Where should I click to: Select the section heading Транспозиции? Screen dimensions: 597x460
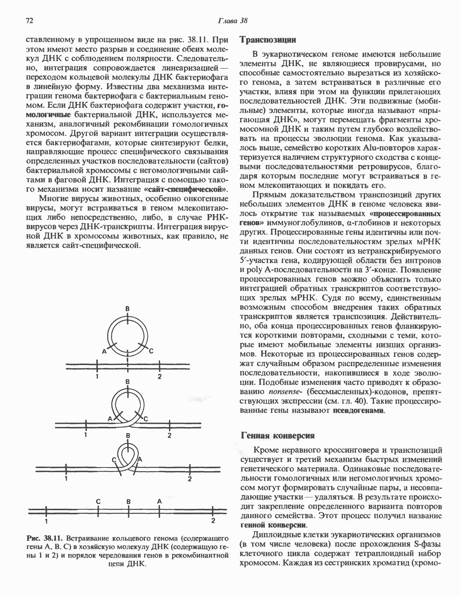(x=268, y=40)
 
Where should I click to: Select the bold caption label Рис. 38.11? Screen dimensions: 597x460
(x=44, y=537)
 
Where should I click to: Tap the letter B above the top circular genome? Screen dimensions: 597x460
(x=128, y=308)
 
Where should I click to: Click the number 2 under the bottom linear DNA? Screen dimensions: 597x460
(x=213, y=521)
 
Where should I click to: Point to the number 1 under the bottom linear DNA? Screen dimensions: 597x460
(x=46, y=521)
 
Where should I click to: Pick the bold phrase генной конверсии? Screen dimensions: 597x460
(x=274, y=525)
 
